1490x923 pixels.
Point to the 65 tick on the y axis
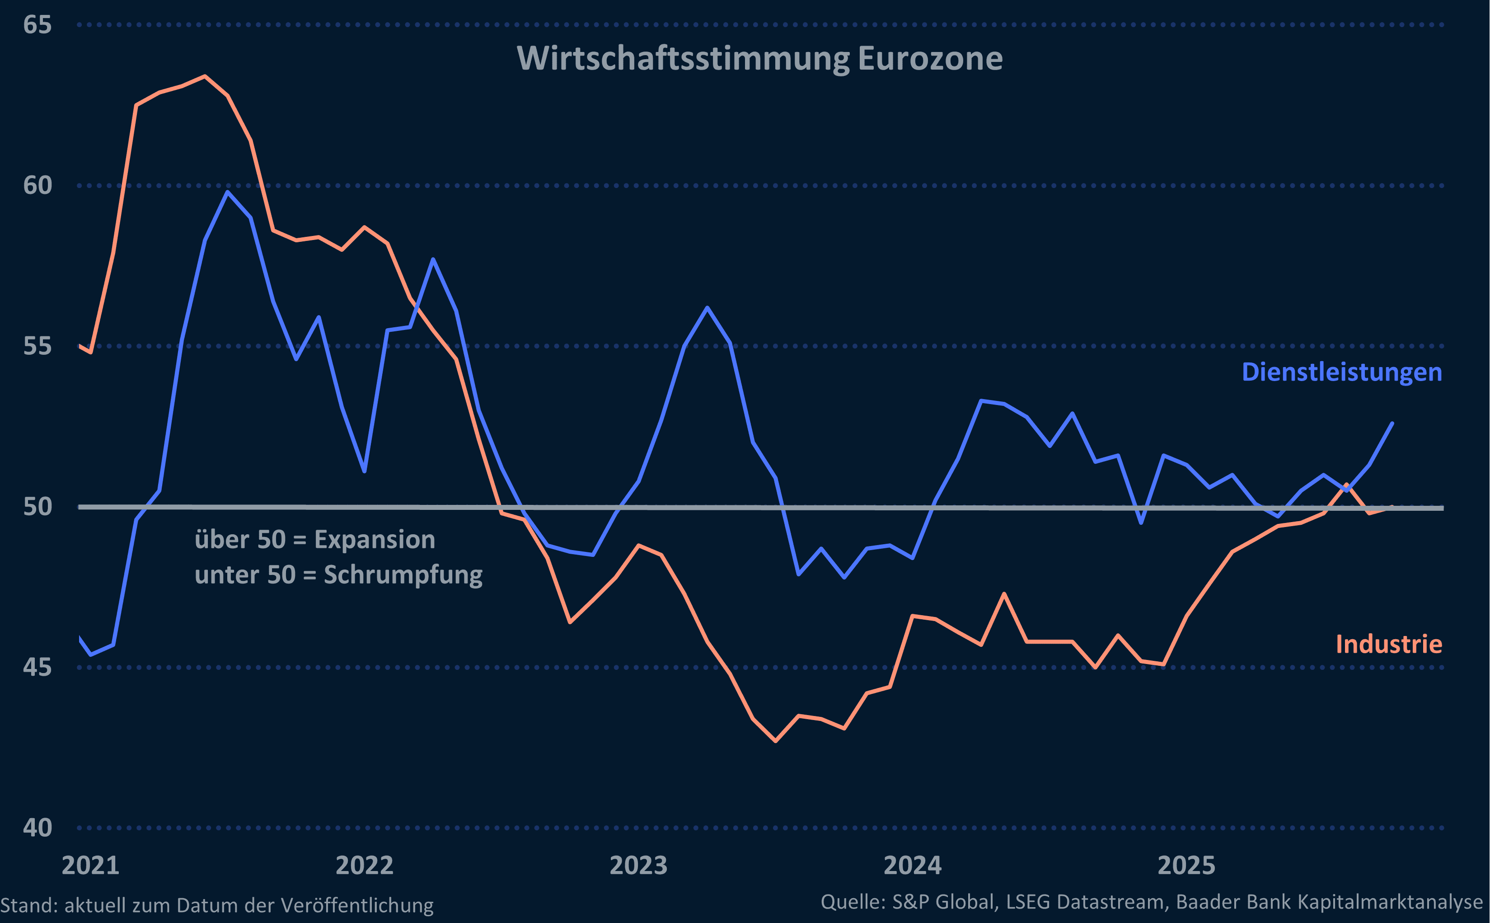(x=37, y=25)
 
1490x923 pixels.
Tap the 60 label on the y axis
(x=37, y=186)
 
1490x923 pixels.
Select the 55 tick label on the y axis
(x=37, y=346)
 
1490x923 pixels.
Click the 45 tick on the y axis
(x=37, y=667)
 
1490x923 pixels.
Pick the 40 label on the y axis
(x=37, y=828)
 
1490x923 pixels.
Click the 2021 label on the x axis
(x=90, y=866)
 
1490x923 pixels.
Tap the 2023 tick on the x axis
(x=638, y=866)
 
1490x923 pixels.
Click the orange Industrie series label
(x=1389, y=645)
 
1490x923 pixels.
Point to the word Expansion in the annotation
(x=374, y=540)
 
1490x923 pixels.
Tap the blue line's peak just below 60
(x=228, y=192)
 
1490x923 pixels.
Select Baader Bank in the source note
(x=1232, y=902)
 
